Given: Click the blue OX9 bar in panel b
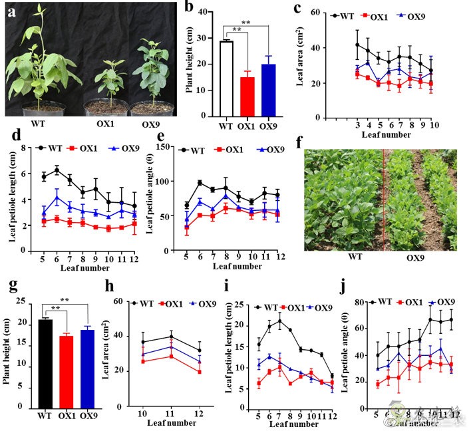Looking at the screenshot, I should click(267, 91).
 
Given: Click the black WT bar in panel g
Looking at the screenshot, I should click(45, 363).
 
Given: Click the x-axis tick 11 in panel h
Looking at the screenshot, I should click(171, 413).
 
